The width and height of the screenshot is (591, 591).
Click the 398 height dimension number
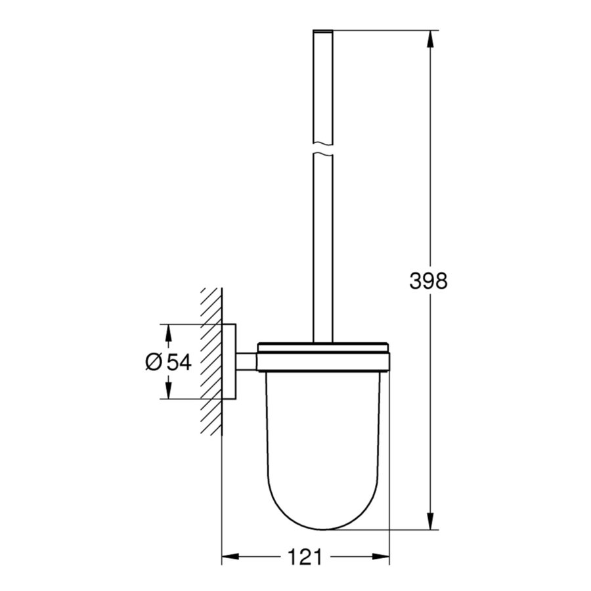coord(428,281)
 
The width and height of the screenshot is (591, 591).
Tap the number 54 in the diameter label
coord(178,362)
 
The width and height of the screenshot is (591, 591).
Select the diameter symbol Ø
coord(153,362)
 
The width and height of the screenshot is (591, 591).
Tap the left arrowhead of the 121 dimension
coord(229,558)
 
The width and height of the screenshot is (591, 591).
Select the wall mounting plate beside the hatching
coord(229,361)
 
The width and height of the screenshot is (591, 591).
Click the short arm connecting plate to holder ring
coord(246,361)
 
